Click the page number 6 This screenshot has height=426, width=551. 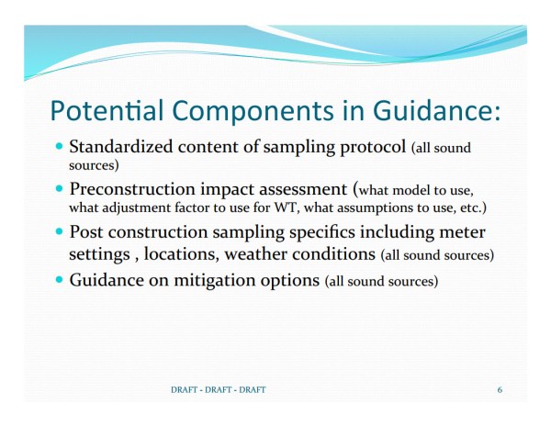coord(500,390)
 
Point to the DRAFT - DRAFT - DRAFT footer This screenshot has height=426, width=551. coord(219,390)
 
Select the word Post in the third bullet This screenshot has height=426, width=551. coord(87,231)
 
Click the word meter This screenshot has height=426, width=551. coord(462,231)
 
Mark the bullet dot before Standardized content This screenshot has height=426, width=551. coord(61,146)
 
